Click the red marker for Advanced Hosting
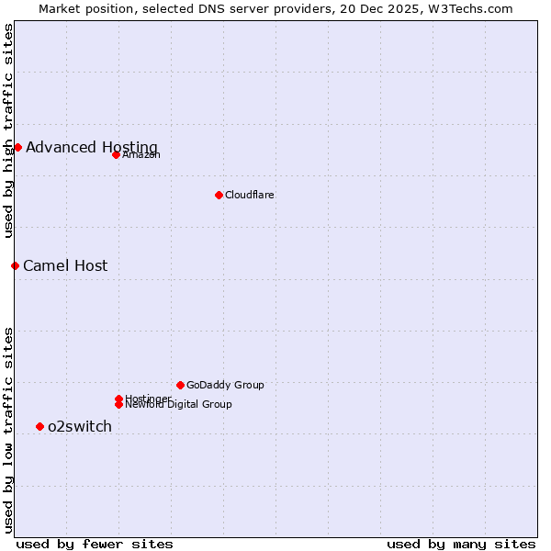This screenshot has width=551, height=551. point(17,147)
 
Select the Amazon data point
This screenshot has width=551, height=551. point(116,154)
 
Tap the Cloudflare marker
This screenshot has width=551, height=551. point(219,195)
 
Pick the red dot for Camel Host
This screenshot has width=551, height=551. point(15,265)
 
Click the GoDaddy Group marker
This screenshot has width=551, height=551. point(180,385)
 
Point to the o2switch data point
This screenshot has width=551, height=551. point(39,426)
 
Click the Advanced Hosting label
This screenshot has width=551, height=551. point(92,147)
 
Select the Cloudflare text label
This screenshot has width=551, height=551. point(250,195)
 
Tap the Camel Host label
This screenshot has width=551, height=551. point(65,265)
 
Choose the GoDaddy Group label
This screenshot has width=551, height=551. point(225,385)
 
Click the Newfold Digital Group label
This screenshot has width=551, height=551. point(179,404)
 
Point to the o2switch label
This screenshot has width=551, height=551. point(80,426)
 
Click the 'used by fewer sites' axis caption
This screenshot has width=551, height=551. point(95,544)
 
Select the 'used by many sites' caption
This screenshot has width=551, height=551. point(461,544)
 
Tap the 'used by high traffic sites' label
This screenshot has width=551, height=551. point(8,130)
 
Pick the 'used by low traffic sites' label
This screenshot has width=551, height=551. point(8,429)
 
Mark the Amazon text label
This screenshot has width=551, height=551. point(141,154)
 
